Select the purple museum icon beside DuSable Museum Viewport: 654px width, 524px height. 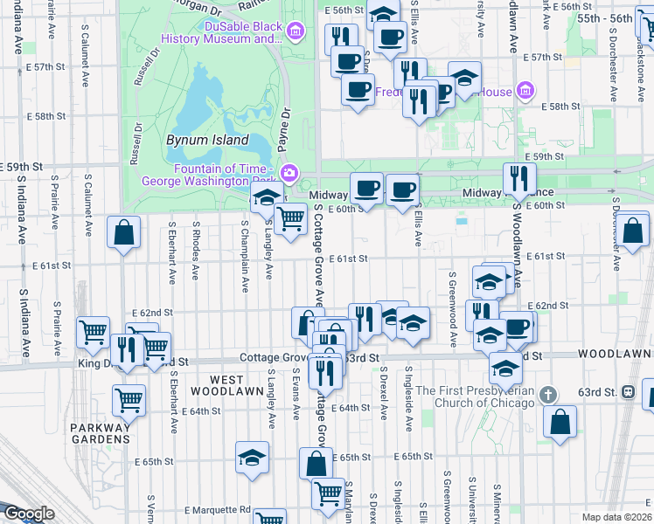click(296, 33)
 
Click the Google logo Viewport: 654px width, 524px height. click(28, 514)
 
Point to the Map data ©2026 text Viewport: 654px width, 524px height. click(616, 517)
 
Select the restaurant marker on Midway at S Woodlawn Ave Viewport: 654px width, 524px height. click(519, 179)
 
